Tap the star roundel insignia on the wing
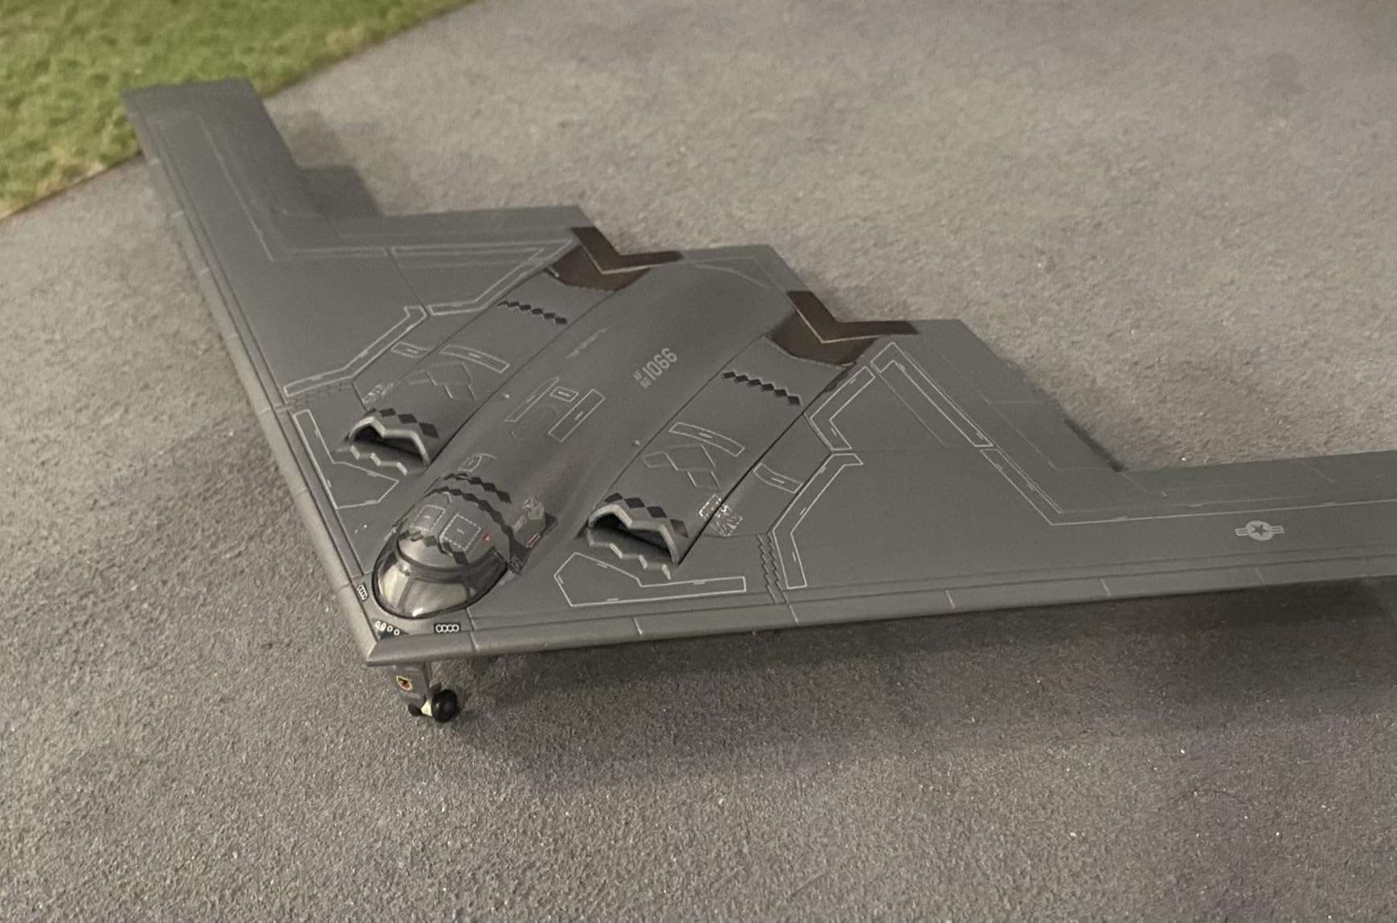[1259, 530]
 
